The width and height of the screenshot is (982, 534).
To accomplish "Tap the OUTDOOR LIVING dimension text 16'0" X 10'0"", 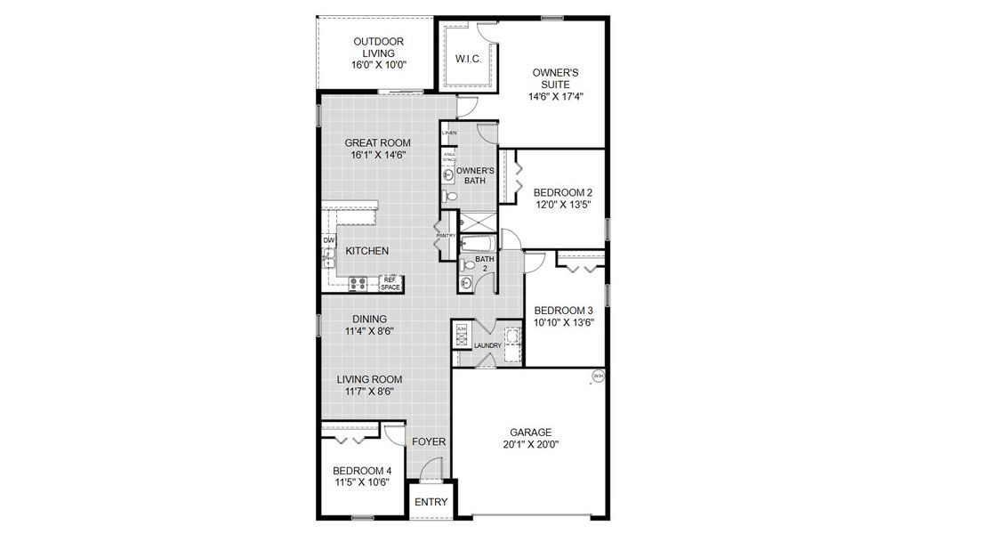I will pyautogui.click(x=379, y=66).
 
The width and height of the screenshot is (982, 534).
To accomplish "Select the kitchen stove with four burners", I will pyautogui.click(x=359, y=284).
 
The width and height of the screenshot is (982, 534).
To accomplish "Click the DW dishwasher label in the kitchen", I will pyautogui.click(x=328, y=240).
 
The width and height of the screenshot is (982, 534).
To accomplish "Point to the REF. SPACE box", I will pyautogui.click(x=390, y=283).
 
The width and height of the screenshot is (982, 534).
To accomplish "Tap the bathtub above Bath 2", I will pyautogui.click(x=479, y=242).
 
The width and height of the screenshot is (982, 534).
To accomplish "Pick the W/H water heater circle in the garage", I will pyautogui.click(x=598, y=376).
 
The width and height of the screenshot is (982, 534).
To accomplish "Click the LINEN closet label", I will pyautogui.click(x=448, y=133).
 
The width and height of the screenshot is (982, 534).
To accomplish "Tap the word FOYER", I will pyautogui.click(x=429, y=441).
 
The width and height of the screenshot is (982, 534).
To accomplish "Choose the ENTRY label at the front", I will pyautogui.click(x=431, y=502).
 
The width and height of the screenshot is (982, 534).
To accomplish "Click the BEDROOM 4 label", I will pyautogui.click(x=362, y=471).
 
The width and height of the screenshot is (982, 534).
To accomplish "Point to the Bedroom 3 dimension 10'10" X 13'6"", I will pyautogui.click(x=564, y=323).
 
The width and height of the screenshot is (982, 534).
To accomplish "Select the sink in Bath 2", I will pyautogui.click(x=466, y=284).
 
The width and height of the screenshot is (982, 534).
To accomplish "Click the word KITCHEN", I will pyautogui.click(x=367, y=251).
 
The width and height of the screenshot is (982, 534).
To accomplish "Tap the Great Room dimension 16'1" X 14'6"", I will pyautogui.click(x=378, y=156).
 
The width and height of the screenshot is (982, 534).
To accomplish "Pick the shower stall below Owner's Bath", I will pyautogui.click(x=479, y=222).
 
